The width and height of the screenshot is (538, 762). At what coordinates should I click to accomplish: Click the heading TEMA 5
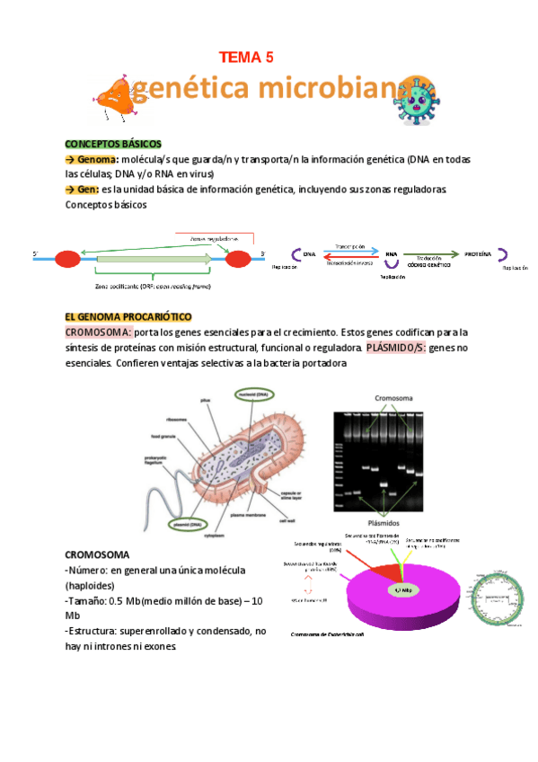pos(246,58)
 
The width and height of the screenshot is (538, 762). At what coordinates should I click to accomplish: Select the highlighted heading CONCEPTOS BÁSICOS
pos(112,144)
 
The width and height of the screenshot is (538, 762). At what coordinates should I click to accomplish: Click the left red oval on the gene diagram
pos(67,260)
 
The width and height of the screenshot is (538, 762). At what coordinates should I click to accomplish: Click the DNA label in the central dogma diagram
pos(309,254)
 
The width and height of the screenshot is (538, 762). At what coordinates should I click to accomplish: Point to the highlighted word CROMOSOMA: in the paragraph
pos(99,333)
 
